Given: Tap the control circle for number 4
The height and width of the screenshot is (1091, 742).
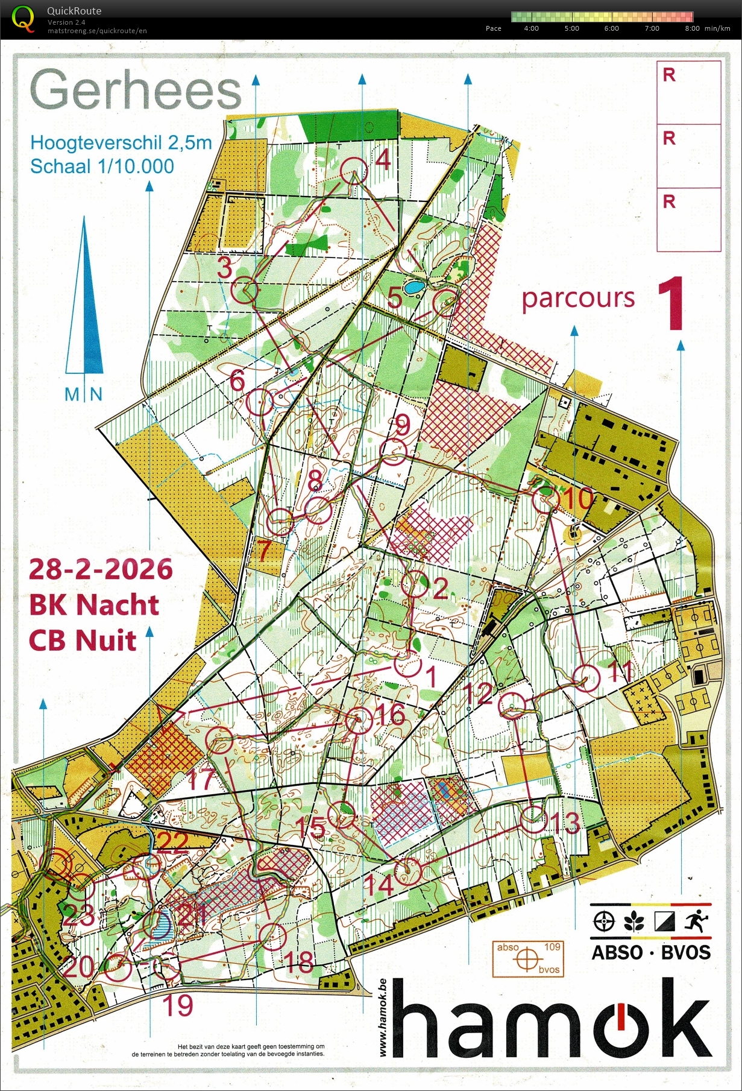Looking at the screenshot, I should [354, 169].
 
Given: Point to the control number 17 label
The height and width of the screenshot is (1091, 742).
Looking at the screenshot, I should [201, 779].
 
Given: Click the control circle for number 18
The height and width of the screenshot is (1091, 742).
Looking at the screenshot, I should [272, 937].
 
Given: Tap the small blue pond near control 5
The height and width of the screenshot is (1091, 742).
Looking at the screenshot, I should [413, 287].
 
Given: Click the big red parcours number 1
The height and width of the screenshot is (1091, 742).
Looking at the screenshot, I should [671, 305].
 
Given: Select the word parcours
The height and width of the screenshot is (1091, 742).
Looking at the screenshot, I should [578, 298].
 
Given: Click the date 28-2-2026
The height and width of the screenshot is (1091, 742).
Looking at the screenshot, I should [101, 569].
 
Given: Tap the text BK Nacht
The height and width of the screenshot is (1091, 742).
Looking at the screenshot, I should [94, 604].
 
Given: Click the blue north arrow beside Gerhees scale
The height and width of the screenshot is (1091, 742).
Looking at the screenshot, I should [84, 302].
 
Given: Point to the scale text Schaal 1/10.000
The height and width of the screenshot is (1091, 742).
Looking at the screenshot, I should [102, 166].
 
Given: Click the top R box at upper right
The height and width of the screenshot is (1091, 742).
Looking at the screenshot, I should [688, 92].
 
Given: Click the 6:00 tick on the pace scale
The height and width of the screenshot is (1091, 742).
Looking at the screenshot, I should [611, 28].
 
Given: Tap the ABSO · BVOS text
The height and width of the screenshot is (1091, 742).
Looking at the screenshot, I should [650, 952].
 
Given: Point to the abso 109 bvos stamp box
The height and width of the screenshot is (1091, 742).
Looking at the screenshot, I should [528, 958].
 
